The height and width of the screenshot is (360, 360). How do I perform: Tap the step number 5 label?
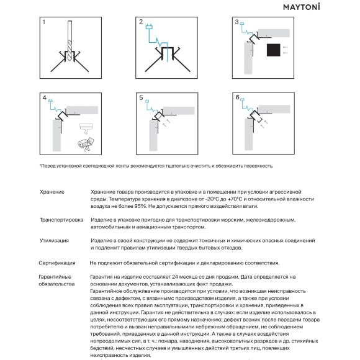141,98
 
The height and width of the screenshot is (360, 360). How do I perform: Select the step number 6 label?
237,98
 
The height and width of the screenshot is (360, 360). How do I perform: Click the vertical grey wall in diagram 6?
250,137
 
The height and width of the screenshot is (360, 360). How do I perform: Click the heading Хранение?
51,192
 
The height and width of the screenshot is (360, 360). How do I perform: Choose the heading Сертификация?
56,263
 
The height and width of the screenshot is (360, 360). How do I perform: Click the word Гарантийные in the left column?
55,276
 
